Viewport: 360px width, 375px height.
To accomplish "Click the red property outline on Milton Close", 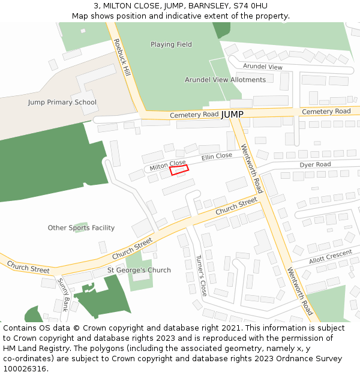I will (179, 170).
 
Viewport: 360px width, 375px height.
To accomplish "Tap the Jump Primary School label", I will (62, 102).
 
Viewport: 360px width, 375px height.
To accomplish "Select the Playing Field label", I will (171, 44).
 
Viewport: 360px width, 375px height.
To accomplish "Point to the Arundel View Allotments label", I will (225, 80).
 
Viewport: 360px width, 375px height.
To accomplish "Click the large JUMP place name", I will (232, 114).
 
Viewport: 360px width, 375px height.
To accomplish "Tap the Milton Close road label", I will (167, 164).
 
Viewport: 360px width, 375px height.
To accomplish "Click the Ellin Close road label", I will (217, 156).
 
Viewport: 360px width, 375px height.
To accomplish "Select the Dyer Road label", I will (315, 164).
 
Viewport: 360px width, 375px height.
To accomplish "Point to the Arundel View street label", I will (263, 67).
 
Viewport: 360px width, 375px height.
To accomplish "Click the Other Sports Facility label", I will (81, 228).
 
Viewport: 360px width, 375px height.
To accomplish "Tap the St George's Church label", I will (139, 270).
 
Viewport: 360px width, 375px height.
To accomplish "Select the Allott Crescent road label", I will (331, 257).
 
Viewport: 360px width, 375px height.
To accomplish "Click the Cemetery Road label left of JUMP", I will (194, 115).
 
